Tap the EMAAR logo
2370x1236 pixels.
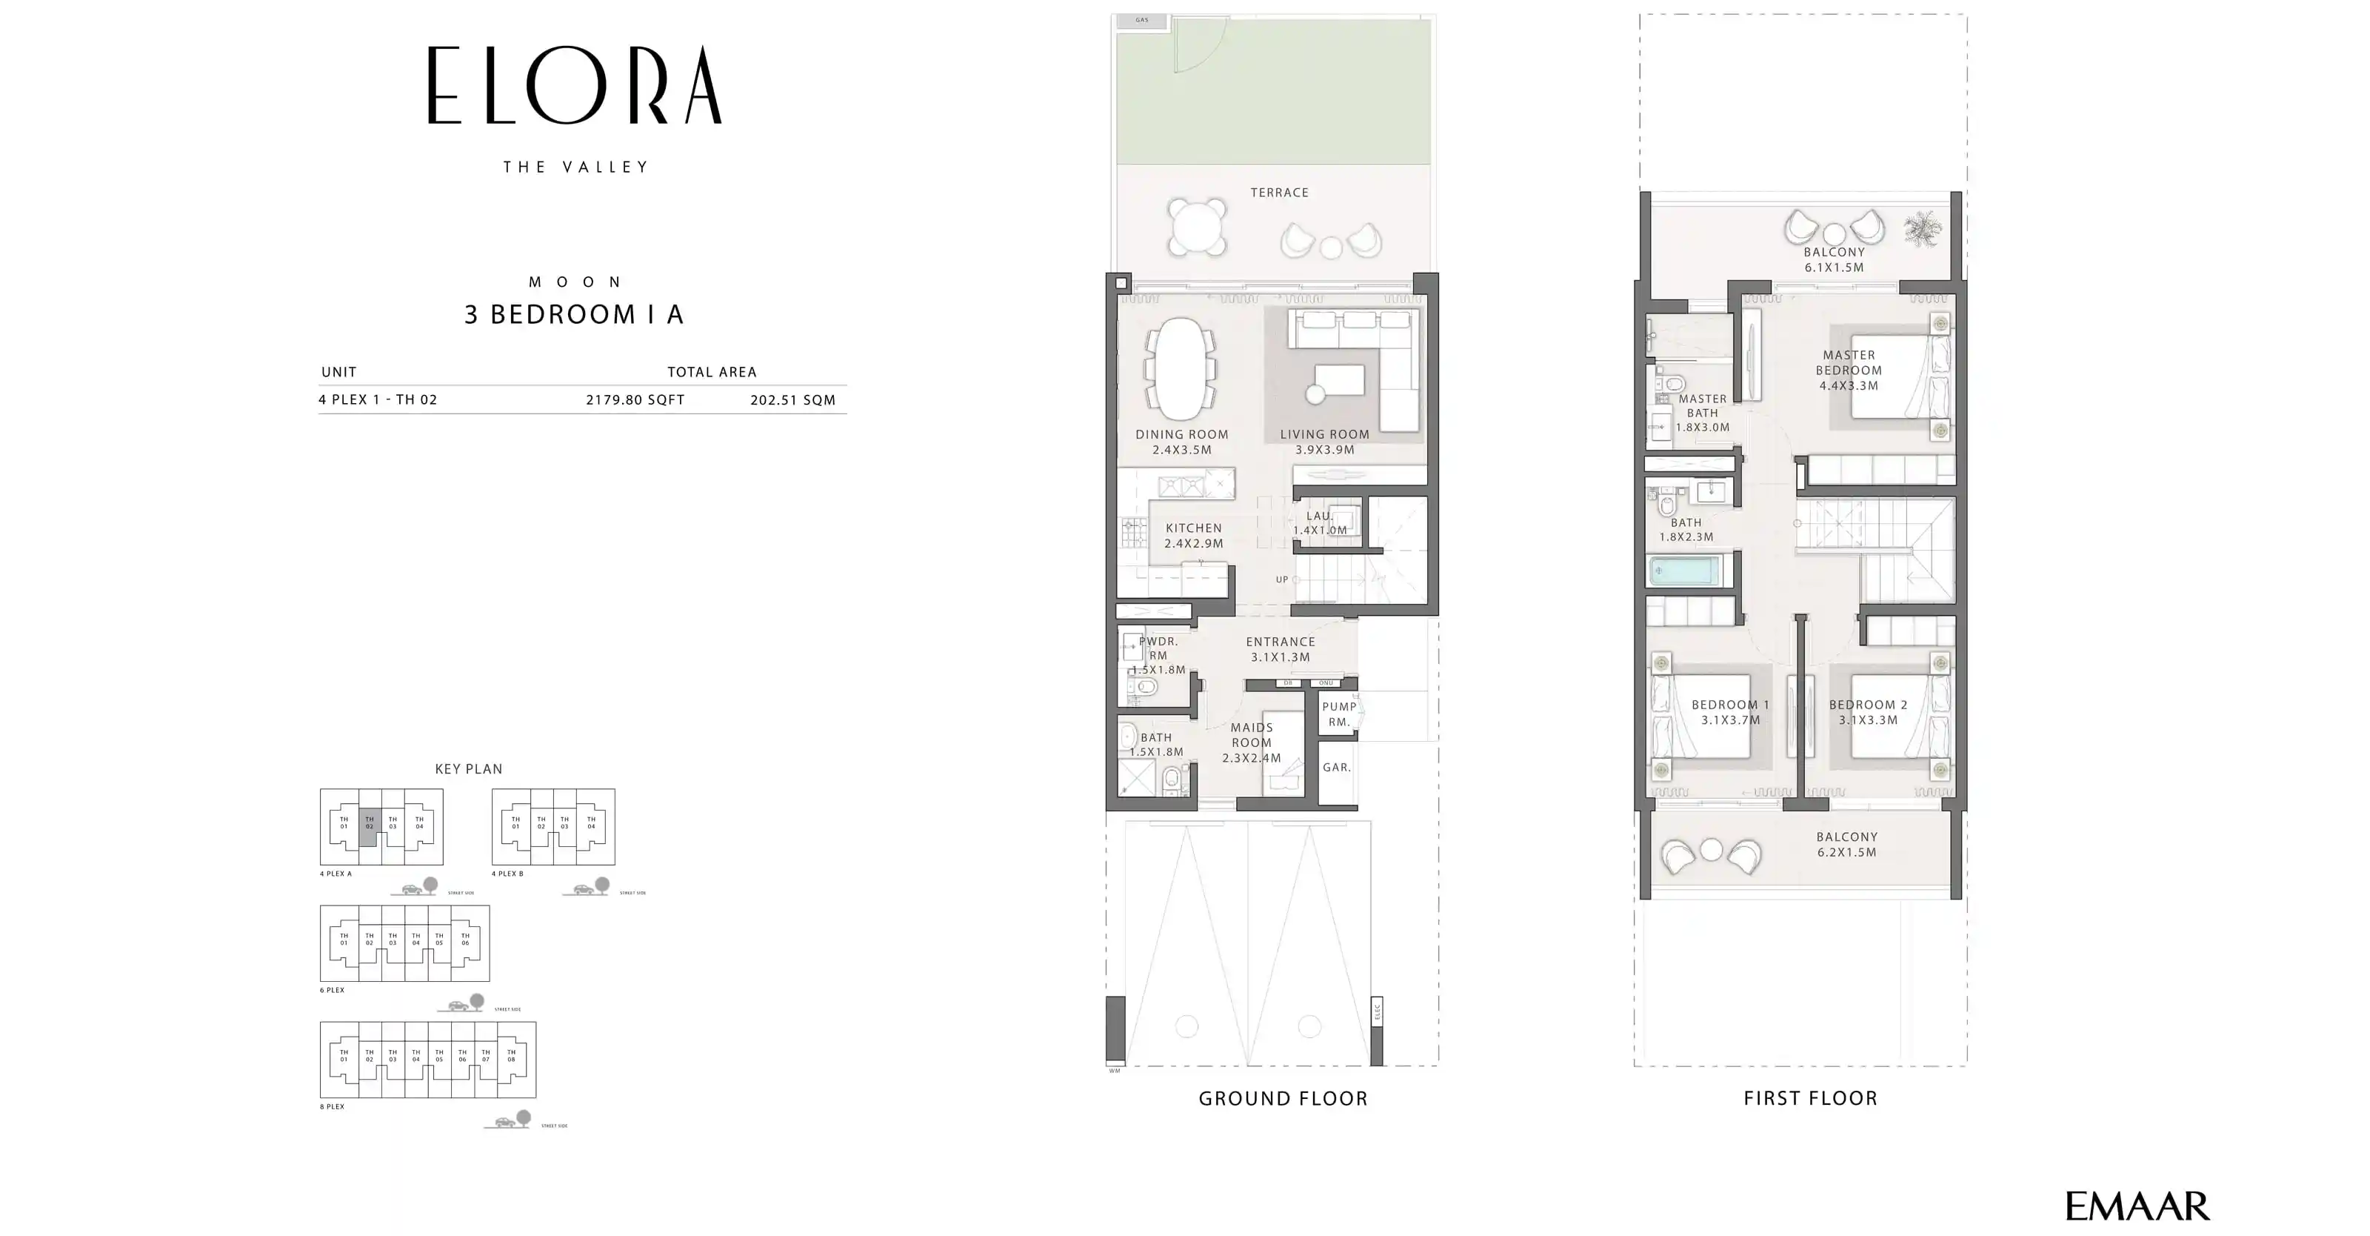coord(2136,1206)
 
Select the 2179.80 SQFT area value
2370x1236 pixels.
coord(635,399)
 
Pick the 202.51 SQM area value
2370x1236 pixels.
coord(792,399)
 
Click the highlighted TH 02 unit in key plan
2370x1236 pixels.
coord(369,822)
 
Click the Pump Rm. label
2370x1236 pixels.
coord(1338,714)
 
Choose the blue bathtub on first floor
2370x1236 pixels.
coord(1682,571)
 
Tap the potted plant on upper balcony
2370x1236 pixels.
coord(1922,228)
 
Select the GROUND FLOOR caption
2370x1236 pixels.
coord(1283,1098)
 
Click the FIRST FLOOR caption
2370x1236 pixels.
coord(1809,1098)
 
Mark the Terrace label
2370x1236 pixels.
coord(1279,193)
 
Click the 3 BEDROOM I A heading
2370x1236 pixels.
coord(574,315)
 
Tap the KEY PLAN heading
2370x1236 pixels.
coord(468,768)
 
